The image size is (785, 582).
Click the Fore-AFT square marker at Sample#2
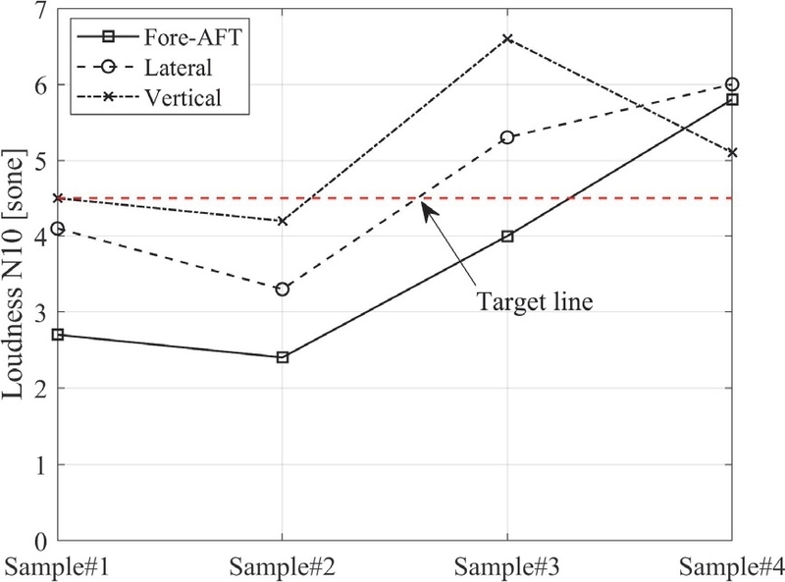coord(283,357)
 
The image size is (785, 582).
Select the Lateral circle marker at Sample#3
coord(506,137)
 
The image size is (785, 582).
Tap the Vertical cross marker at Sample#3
coord(506,38)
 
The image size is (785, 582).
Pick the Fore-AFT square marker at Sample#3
coord(506,236)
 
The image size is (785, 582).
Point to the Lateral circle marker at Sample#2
coord(283,290)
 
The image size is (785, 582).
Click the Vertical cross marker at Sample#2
coord(283,221)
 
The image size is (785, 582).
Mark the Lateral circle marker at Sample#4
coord(731,84)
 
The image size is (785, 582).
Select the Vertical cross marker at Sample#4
coord(731,152)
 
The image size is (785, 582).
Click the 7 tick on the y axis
coord(43,10)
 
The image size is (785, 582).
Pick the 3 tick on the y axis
coord(43,313)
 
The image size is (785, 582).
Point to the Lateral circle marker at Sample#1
coord(58,229)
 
